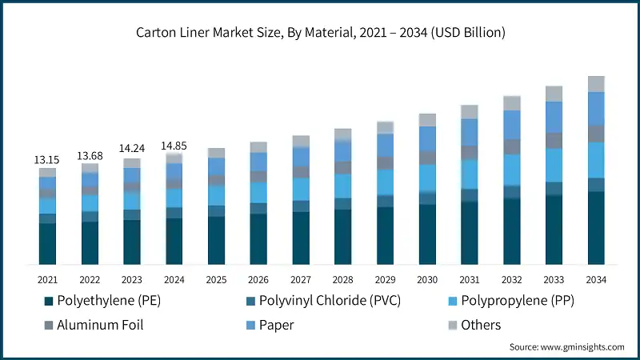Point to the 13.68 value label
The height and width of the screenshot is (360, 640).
(90, 155)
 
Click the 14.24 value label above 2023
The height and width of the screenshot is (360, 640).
(132, 150)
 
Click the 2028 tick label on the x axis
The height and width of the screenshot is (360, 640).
(342, 279)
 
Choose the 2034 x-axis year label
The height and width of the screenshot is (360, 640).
(595, 279)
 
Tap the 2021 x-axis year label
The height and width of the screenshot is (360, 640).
(48, 279)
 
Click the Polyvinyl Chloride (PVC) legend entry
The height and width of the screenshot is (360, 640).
(328, 301)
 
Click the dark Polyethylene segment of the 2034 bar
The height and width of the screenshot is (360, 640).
(595, 228)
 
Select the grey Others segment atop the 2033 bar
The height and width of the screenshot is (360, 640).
(554, 94)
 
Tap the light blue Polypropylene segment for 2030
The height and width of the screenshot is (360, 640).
(427, 177)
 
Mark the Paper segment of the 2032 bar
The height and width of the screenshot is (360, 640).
(511, 125)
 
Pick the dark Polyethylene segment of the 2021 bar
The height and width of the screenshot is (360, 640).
(48, 244)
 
